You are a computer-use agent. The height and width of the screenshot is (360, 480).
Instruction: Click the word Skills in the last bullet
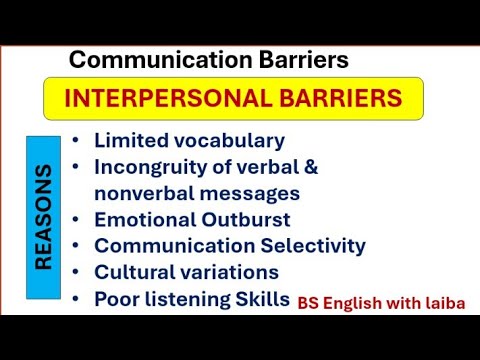click(262, 298)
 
